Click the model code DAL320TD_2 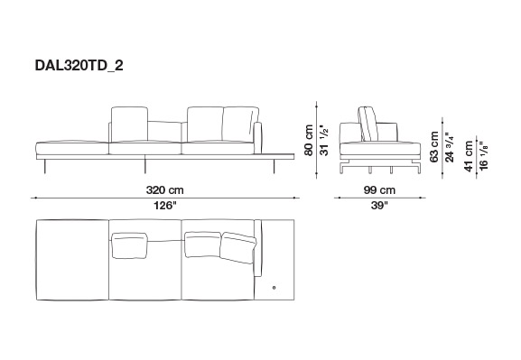tap(79, 66)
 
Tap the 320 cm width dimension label tap(165, 190)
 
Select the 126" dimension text tap(165, 206)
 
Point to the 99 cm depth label tap(379, 190)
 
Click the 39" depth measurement tap(379, 206)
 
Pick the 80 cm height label tap(309, 140)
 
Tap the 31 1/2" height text tap(324, 140)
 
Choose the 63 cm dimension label tap(434, 147)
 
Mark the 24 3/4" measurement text tap(450, 147)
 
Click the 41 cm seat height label tap(469, 156)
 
